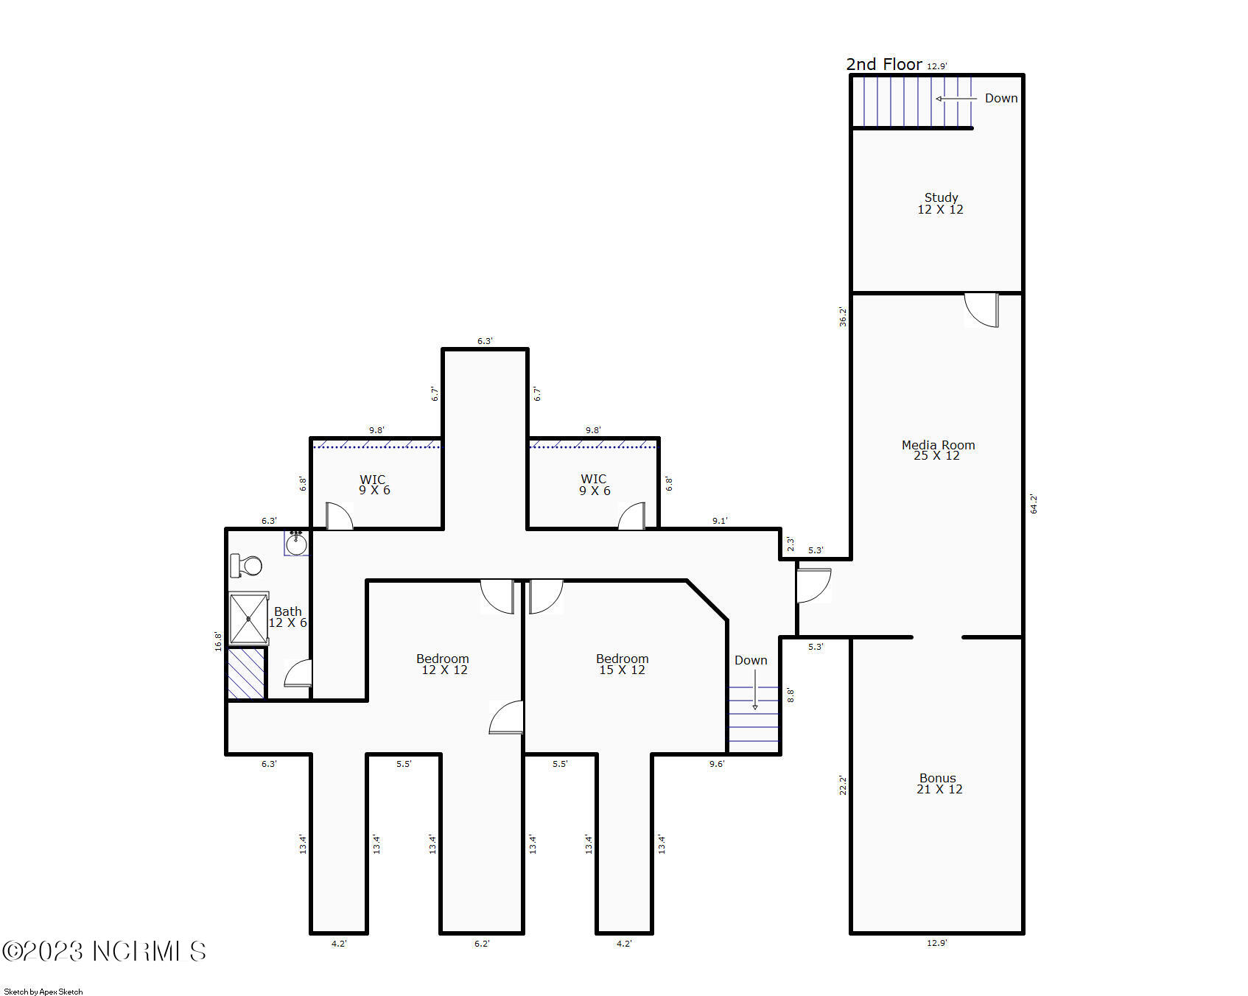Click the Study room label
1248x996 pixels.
point(941,203)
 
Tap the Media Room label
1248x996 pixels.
point(938,450)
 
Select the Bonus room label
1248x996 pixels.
point(939,783)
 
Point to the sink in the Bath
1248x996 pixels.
point(296,543)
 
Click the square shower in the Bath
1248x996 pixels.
point(248,619)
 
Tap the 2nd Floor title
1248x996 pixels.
point(884,64)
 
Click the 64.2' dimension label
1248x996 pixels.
point(1034,504)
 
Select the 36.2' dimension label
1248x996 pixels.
point(843,317)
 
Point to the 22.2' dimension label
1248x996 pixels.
point(843,785)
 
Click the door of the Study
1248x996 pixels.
point(982,310)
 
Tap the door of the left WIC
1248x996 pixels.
point(339,516)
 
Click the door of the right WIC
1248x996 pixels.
point(631,516)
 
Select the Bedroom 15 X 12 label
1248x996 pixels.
point(623,664)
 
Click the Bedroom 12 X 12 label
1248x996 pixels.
point(443,664)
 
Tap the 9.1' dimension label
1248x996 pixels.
point(720,521)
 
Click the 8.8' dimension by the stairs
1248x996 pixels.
point(790,695)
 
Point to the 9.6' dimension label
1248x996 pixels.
point(717,764)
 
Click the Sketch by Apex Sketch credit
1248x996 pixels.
point(43,992)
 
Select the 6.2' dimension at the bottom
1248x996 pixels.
point(482,944)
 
